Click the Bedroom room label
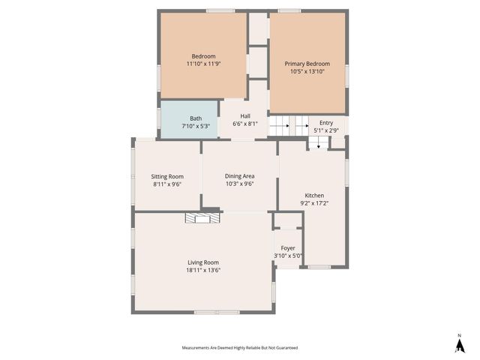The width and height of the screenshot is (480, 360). pyautogui.click(x=203, y=56)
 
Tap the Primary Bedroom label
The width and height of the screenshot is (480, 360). pyautogui.click(x=307, y=64)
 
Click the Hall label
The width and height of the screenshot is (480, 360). pyautogui.click(x=245, y=115)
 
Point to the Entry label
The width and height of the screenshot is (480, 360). pyautogui.click(x=325, y=123)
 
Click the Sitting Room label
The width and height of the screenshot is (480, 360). pyautogui.click(x=168, y=176)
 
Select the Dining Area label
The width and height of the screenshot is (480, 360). pyautogui.click(x=240, y=175)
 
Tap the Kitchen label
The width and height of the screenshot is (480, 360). pyautogui.click(x=313, y=195)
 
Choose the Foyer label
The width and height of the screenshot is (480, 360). pyautogui.click(x=288, y=247)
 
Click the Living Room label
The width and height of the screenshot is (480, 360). pyautogui.click(x=203, y=262)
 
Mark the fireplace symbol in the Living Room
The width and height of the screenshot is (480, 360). pyautogui.click(x=203, y=218)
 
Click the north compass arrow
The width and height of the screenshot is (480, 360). pyautogui.click(x=459, y=344)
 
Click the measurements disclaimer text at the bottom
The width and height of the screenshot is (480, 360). pyautogui.click(x=239, y=347)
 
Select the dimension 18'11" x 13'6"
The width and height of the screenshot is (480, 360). pyautogui.click(x=203, y=270)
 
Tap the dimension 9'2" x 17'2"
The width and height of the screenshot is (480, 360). pyautogui.click(x=313, y=202)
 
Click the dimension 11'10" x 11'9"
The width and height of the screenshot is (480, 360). pyautogui.click(x=203, y=64)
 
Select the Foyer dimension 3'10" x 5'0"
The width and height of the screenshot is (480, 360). pyautogui.click(x=288, y=256)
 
